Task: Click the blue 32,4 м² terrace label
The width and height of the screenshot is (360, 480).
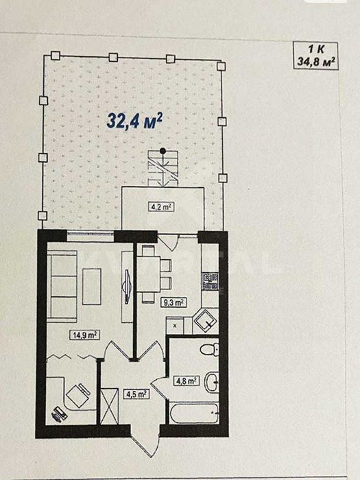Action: point(134,120)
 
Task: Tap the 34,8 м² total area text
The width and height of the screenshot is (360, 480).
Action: point(316,62)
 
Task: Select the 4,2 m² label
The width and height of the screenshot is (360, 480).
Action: point(161,207)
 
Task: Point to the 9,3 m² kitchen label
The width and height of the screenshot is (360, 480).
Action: point(173,303)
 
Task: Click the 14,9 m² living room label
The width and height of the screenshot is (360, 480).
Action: point(85,335)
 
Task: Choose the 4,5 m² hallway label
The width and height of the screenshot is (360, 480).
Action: point(136,394)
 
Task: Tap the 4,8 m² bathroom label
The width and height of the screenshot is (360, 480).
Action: point(186,381)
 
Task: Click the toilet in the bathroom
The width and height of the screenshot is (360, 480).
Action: point(210,349)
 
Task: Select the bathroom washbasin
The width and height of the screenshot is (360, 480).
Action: point(211,382)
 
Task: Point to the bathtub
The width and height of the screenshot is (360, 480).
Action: point(194,413)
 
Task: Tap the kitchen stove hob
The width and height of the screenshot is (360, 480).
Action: point(210,281)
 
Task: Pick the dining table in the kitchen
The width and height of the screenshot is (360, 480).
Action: point(149,274)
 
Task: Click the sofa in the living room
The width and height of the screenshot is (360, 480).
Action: point(62,286)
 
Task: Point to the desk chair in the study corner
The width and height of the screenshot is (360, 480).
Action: point(77,395)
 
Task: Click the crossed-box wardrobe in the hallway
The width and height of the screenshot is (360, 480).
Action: point(109,406)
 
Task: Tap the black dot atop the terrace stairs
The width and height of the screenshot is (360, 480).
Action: point(163,151)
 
